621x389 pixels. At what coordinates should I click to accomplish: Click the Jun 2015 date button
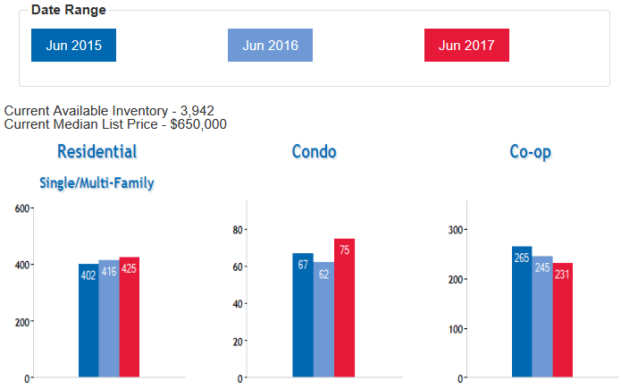point(73,46)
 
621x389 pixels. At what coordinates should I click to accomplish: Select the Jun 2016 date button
point(270,46)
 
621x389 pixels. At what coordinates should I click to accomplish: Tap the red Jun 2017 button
point(466,46)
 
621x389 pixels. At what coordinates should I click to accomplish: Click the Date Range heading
point(68,10)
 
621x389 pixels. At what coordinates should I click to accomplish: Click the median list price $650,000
point(198,124)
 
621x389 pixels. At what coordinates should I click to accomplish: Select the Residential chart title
point(97,152)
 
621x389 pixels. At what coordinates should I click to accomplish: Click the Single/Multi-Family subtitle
point(97,183)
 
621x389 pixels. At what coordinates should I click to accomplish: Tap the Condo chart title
point(314,152)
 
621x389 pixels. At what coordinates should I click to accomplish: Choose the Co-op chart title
point(530,152)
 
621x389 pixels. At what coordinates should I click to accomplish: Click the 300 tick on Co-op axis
point(453,230)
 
